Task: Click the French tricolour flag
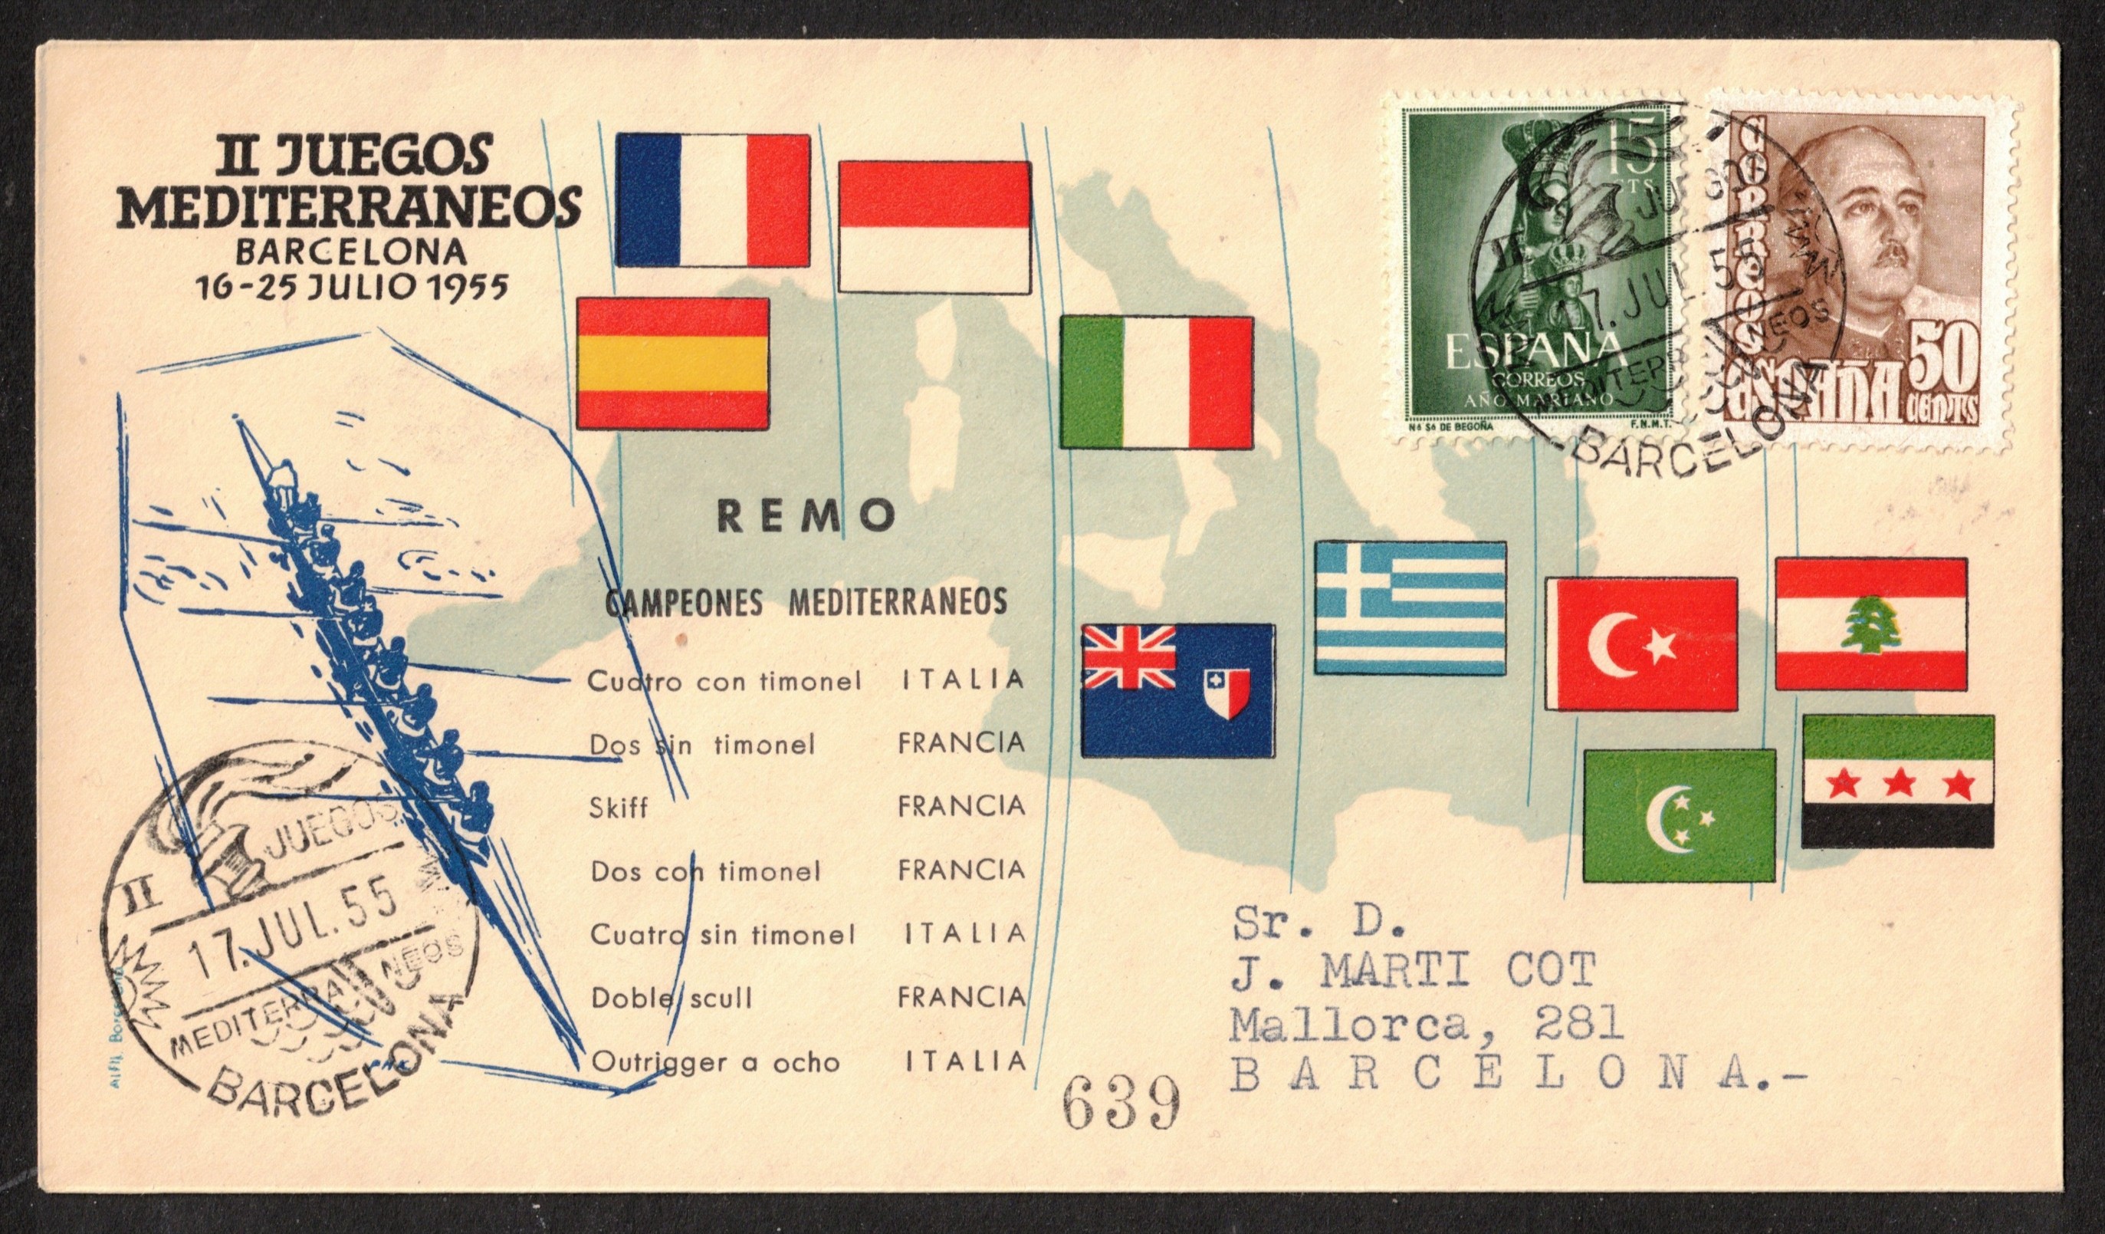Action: point(712,199)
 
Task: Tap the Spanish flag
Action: point(672,364)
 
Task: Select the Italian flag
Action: point(1157,383)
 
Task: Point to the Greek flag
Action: point(1410,607)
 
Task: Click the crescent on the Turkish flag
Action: point(1611,646)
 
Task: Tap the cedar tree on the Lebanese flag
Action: point(1871,626)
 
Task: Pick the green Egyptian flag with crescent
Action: point(1679,814)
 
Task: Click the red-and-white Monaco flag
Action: point(934,226)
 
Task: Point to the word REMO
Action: point(807,517)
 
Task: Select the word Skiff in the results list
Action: point(618,808)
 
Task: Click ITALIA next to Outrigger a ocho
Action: point(966,1061)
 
